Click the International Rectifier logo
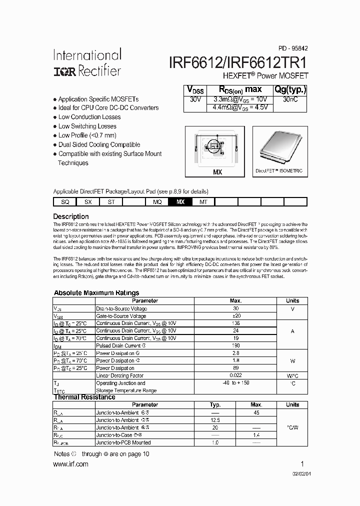coord(86,62)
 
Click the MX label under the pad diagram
coord(217,172)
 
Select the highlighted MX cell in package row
coord(180,201)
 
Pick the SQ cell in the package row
coord(65,201)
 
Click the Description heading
coord(71,216)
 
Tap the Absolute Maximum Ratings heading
coord(96,292)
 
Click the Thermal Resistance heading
coord(84,397)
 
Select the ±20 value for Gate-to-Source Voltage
coord(235,316)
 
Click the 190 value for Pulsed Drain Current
coord(235,345)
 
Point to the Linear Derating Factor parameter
coord(119,375)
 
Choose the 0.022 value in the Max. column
coord(235,375)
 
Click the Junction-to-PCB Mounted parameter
coord(123,442)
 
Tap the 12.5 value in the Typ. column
coord(215,420)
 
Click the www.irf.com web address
coord(70,464)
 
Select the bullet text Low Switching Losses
coord(87,126)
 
